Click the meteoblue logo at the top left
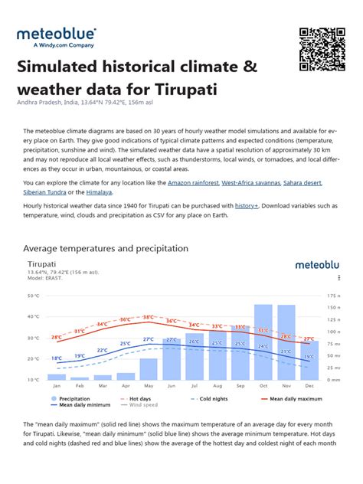pyautogui.click(x=57, y=38)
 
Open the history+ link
pyautogui.click(x=247, y=206)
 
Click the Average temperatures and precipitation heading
pyautogui.click(x=106, y=249)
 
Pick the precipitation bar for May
pyautogui.click(x=149, y=368)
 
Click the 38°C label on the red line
pyautogui.click(x=148, y=317)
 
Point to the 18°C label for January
pyautogui.click(x=57, y=358)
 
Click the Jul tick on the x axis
pyautogui.click(x=195, y=386)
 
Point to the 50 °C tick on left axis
pyautogui.click(x=33, y=295)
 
